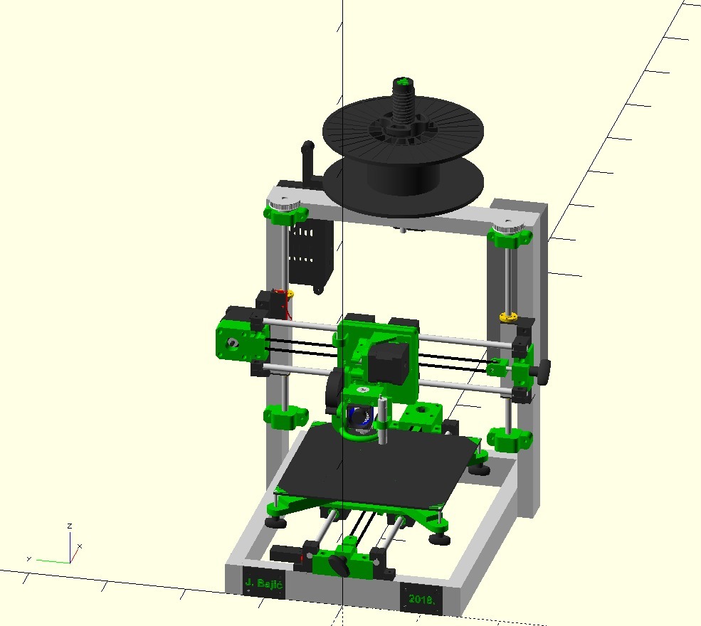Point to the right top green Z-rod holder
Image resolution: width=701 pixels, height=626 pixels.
[510, 235]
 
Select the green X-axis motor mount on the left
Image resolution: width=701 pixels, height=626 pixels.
[239, 343]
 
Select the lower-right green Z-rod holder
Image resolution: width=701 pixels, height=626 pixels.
[511, 439]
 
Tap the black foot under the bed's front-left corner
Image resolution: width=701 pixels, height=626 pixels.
[273, 522]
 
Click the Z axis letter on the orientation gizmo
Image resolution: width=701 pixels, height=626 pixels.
[69, 526]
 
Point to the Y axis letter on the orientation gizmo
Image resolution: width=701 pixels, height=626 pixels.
[28, 558]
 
